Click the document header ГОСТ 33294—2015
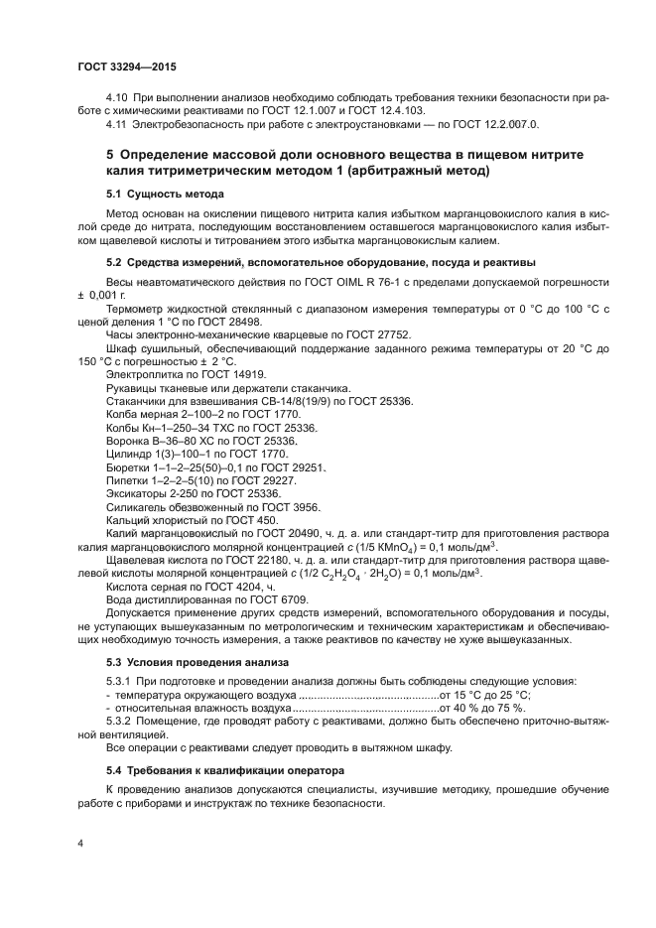point(126,66)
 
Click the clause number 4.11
point(117,125)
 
